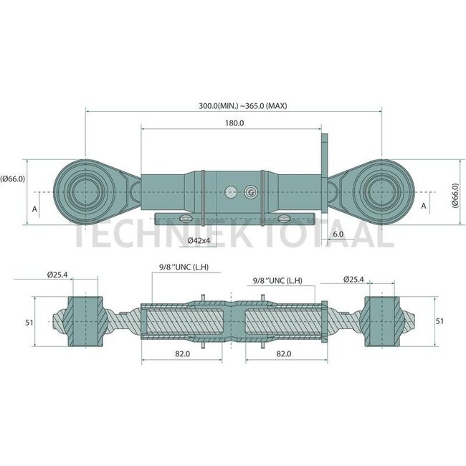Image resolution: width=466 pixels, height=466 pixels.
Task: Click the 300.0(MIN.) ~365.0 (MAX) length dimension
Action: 242,105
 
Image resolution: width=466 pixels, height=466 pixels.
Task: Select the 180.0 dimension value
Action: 234,123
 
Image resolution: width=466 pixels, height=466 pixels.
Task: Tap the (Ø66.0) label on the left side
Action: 12,179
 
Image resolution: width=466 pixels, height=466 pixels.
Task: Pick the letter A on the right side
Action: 424,206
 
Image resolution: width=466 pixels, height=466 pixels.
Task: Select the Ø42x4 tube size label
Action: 199,240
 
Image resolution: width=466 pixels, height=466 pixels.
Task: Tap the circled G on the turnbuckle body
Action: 250,192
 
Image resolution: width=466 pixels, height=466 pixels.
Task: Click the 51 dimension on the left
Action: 29,322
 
